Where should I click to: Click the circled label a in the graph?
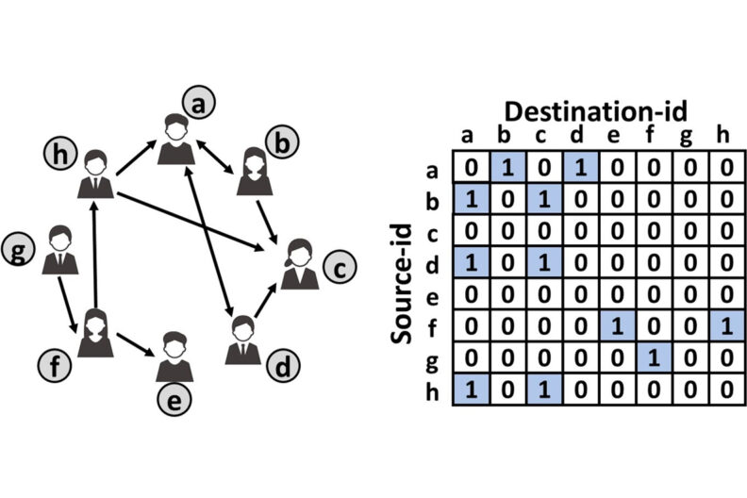pyautogui.click(x=199, y=103)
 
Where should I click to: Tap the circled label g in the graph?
pyautogui.click(x=18, y=249)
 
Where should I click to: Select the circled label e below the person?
pyautogui.click(x=174, y=399)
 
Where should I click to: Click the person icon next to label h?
pyautogui.click(x=95, y=174)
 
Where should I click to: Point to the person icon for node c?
pyautogui.click(x=299, y=264)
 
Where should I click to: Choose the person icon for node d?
pyautogui.click(x=243, y=340)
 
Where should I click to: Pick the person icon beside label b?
pyautogui.click(x=255, y=171)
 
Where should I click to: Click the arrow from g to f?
pyautogui.click(x=67, y=304)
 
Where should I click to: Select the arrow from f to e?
pyautogui.click(x=135, y=344)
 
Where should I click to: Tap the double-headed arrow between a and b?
pyautogui.click(x=214, y=157)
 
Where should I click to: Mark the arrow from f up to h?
pyautogui.click(x=95, y=255)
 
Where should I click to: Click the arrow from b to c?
pyautogui.click(x=267, y=222)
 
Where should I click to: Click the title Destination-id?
pyautogui.click(x=595, y=111)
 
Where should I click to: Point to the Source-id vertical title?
pyautogui.click(x=401, y=283)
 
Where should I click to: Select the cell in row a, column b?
pyautogui.click(x=507, y=167)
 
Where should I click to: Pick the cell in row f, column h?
pyautogui.click(x=727, y=326)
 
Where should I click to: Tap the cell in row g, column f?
pyautogui.click(x=654, y=357)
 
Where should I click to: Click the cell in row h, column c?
pyautogui.click(x=544, y=390)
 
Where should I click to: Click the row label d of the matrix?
pyautogui.click(x=432, y=263)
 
